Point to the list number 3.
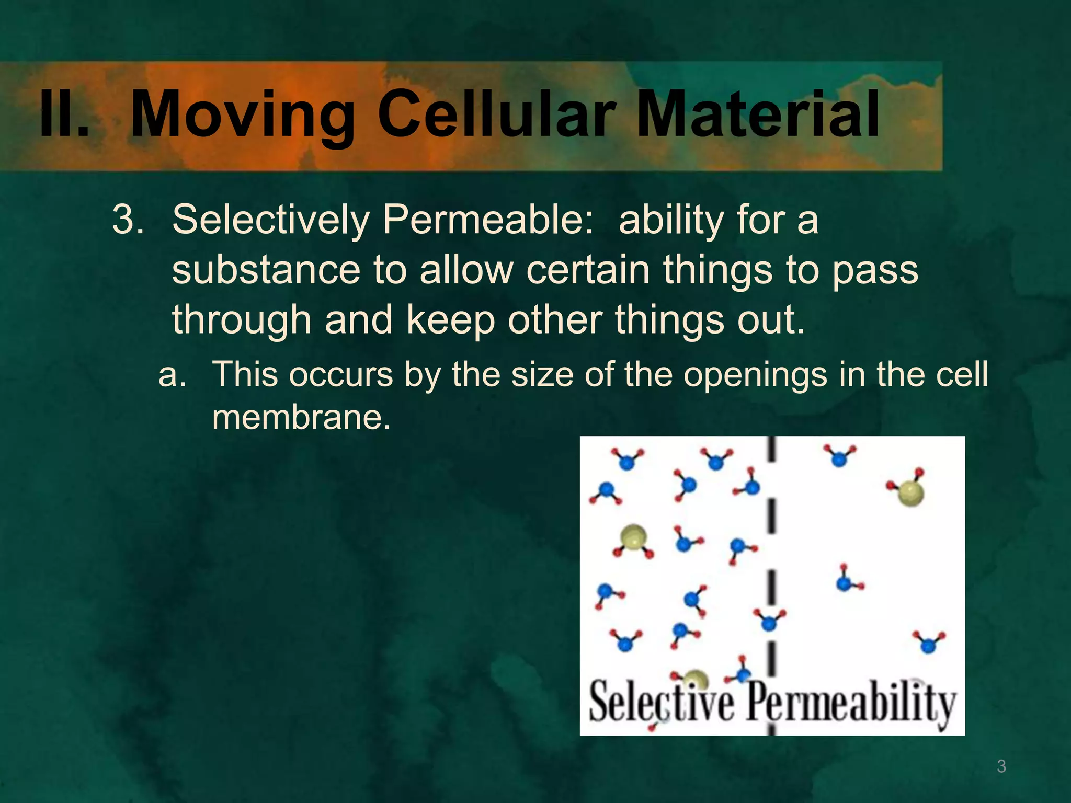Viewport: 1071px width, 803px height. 128,220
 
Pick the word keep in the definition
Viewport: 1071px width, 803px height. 450,320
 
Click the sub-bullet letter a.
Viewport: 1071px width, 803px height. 172,375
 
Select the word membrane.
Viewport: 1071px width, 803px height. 301,418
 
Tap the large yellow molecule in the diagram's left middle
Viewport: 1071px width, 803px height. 633,538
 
